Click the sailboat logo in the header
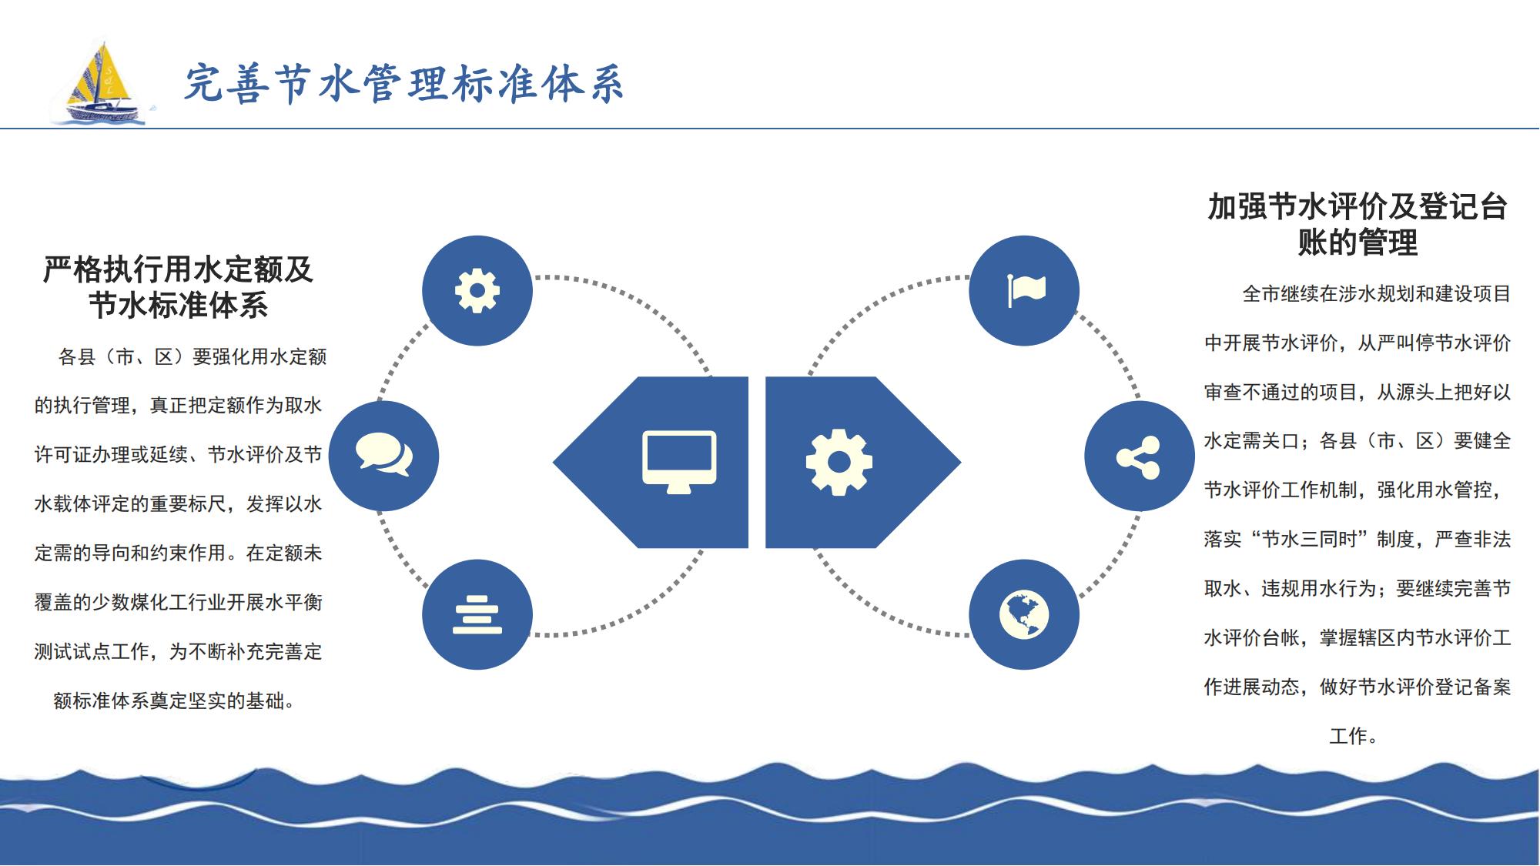pyautogui.click(x=100, y=82)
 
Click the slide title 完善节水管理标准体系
pyautogui.click(x=403, y=83)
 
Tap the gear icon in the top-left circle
pyautogui.click(x=477, y=291)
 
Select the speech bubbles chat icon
pyautogui.click(x=384, y=454)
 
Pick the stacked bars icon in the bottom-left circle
pyautogui.click(x=477, y=614)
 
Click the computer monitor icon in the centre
pyautogui.click(x=679, y=462)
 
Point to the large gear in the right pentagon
pyautogui.click(x=839, y=462)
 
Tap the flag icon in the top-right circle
pyautogui.click(x=1026, y=290)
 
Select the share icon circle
pyautogui.click(x=1140, y=456)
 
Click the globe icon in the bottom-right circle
pyautogui.click(x=1024, y=614)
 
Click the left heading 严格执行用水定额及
pyautogui.click(x=179, y=269)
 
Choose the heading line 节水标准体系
pyautogui.click(x=179, y=305)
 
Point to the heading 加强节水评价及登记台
pyautogui.click(x=1358, y=207)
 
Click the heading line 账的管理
pyautogui.click(x=1358, y=242)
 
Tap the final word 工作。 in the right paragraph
pyautogui.click(x=1354, y=736)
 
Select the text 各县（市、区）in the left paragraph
pyautogui.click(x=124, y=356)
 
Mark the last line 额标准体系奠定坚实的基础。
pyautogui.click(x=175, y=700)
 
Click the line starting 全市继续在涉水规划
pyautogui.click(x=1377, y=294)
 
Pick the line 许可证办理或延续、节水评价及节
pyautogui.click(x=179, y=455)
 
